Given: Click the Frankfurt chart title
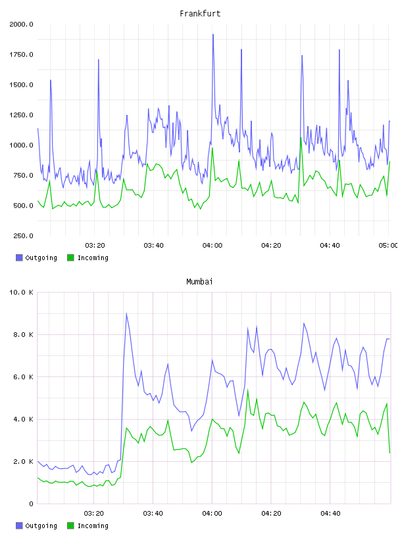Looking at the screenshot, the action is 200,13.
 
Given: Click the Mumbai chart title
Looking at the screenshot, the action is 199,281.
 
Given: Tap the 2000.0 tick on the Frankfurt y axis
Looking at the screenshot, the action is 21,24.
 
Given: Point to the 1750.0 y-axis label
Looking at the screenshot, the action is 21,55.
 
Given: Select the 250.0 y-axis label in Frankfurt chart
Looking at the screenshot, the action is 23,236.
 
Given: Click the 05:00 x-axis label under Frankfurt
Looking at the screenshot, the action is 388,245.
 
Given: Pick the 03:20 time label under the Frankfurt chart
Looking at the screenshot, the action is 95,245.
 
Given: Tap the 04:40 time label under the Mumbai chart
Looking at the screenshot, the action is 330,513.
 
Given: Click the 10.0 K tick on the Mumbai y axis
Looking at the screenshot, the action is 21,292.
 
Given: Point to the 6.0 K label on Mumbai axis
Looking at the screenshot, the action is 23,376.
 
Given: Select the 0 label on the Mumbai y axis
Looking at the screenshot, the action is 31,504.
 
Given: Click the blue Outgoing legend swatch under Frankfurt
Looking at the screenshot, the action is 19,257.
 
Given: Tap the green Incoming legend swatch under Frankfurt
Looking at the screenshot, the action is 70,257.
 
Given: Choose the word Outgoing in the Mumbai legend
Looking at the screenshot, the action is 41,525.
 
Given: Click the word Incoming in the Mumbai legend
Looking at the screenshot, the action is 93,525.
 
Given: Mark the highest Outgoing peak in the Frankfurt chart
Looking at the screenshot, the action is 213,35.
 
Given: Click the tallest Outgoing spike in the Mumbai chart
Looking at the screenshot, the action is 126,313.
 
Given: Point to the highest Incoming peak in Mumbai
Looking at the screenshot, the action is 247,390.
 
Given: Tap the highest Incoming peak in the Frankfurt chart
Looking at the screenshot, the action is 301,137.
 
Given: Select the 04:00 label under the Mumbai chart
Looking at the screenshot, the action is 213,513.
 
